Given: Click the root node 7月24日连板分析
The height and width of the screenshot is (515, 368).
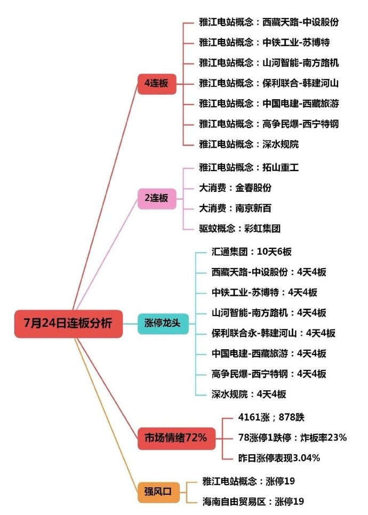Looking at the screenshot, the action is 68,324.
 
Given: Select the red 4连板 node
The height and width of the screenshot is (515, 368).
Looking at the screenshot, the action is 157,84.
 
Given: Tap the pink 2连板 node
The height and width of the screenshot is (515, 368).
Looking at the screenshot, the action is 157,198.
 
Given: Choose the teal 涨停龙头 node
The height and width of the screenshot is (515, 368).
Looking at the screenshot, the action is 163,324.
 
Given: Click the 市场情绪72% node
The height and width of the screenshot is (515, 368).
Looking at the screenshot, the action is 176,438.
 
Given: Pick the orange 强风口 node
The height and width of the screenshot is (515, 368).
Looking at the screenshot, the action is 158,492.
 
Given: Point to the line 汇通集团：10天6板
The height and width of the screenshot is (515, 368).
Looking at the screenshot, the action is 251,252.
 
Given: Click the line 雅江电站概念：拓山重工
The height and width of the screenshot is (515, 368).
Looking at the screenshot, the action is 249,168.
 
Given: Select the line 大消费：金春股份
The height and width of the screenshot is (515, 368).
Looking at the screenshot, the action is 235,188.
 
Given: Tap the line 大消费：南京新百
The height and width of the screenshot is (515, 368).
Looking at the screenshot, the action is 235,208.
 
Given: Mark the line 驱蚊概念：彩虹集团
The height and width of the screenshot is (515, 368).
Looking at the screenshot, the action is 240,229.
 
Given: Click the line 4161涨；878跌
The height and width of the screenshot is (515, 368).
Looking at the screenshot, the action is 271,417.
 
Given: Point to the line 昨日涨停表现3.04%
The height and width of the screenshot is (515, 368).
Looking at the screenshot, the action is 279,458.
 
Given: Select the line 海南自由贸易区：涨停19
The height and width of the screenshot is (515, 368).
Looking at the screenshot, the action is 253,502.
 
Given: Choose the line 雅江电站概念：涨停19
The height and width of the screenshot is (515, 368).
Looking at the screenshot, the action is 249,481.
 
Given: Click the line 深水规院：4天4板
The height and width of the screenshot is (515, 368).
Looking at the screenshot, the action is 249,394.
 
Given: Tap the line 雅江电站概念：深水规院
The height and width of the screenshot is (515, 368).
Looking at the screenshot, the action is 249,144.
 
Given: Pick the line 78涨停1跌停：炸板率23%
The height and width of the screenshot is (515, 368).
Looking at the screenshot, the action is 292,438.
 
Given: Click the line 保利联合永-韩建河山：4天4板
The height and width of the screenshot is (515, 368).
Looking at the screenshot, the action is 274,333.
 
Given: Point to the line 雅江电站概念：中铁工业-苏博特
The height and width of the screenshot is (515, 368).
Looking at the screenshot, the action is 265,43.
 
